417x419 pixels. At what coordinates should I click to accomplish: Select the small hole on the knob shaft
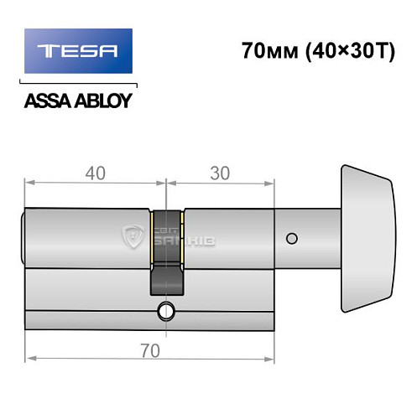291,240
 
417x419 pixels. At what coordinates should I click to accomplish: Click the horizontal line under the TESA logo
78,84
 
